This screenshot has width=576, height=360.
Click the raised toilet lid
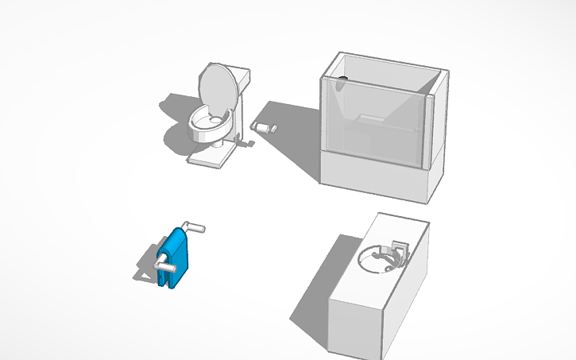click(216, 86)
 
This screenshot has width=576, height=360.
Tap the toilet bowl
click(208, 127)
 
